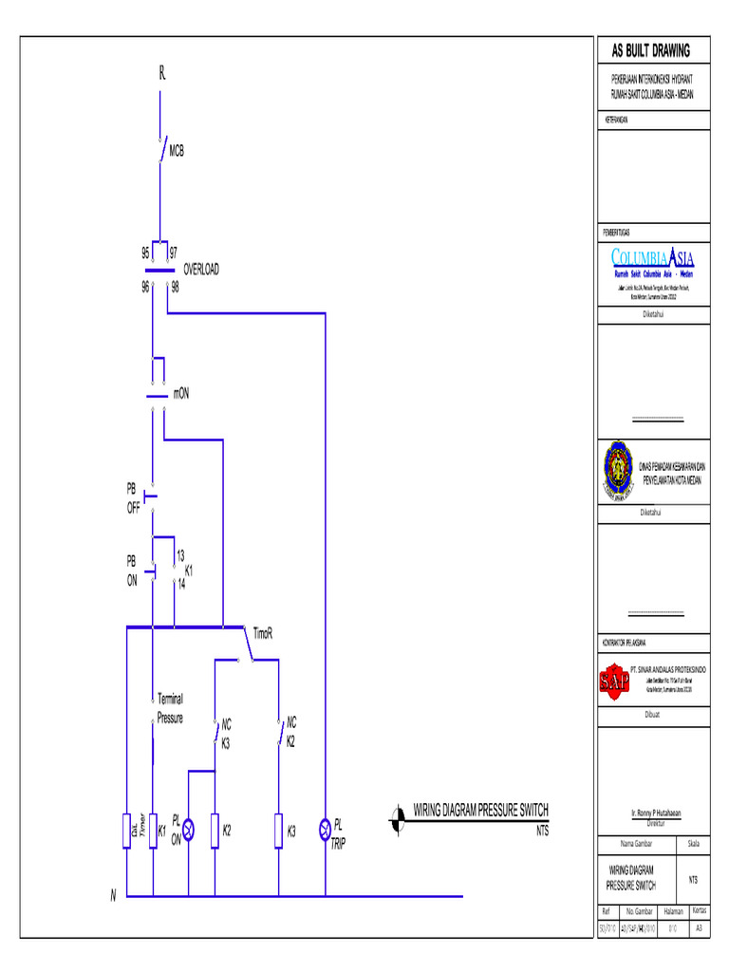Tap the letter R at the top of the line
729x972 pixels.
coord(162,74)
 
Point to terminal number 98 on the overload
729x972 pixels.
coord(176,287)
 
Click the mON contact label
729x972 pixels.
coord(187,393)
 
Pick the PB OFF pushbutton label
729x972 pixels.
coord(133,498)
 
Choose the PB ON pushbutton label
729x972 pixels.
coord(132,570)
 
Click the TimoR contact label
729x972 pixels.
coord(262,633)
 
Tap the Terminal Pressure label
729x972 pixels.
coord(170,708)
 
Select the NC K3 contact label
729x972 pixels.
coord(226,734)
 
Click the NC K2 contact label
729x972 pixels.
coord(291,731)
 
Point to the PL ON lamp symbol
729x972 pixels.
coord(188,830)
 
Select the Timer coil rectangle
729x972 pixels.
coord(127,830)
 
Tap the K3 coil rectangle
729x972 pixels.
coord(279,830)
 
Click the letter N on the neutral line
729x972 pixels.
coord(112,895)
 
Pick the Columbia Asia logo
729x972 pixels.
coord(653,262)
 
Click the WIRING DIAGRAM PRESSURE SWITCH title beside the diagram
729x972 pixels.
coord(480,810)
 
